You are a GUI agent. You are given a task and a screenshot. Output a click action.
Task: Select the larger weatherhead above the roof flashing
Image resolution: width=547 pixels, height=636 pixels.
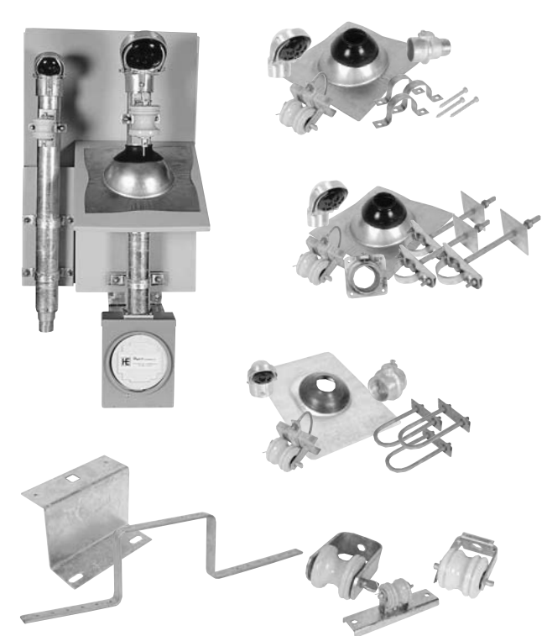(x=142, y=54)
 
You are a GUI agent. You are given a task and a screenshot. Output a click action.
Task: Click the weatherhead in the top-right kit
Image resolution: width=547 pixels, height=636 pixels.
(x=284, y=52)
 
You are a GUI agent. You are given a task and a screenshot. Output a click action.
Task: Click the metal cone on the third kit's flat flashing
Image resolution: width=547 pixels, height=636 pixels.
(x=323, y=396)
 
